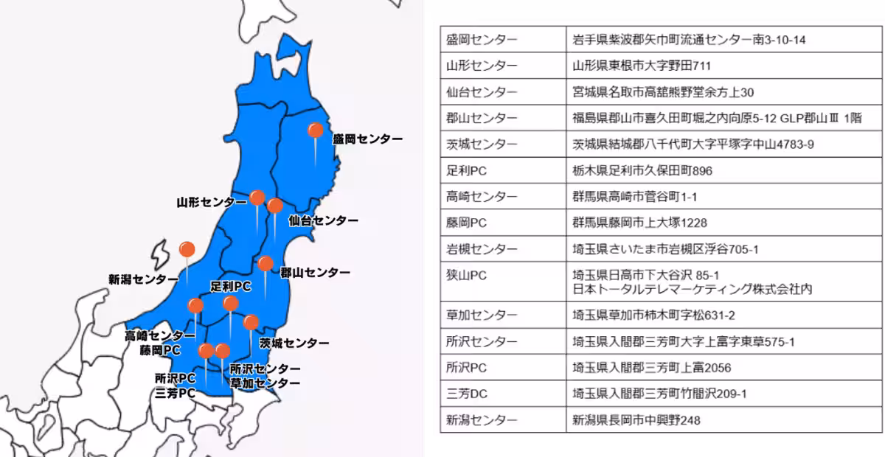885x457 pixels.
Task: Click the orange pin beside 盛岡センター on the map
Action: click(315, 130)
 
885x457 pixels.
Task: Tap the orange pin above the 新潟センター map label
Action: click(187, 249)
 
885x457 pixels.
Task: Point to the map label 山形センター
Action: click(212, 201)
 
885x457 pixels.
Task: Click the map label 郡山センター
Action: click(315, 273)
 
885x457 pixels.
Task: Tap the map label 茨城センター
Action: click(294, 343)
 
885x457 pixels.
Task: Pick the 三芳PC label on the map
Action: click(175, 393)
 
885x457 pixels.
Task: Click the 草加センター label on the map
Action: click(265, 383)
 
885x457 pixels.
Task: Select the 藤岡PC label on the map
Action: click(161, 349)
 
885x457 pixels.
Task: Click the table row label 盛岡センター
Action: click(482, 40)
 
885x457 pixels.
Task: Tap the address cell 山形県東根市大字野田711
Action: click(642, 66)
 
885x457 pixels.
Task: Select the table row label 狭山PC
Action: click(466, 275)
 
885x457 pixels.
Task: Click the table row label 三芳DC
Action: click(467, 394)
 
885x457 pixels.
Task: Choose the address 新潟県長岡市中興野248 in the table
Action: click(636, 420)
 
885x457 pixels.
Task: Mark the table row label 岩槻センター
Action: click(482, 248)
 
